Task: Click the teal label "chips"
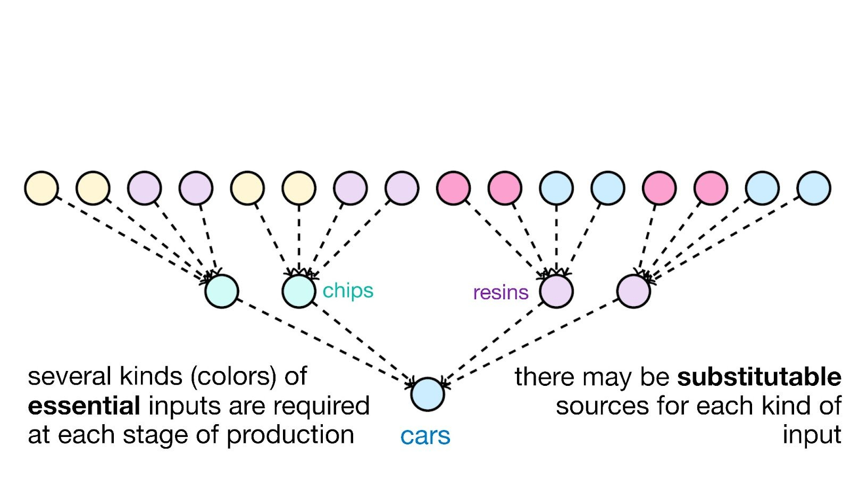click(348, 291)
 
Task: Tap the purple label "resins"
click(500, 292)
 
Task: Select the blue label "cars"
click(425, 436)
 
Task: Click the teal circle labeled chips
click(299, 291)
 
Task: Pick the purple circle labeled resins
click(556, 291)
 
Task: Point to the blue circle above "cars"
click(428, 394)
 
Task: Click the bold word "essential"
click(84, 406)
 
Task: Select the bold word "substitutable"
click(759, 377)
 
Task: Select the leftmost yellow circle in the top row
click(41, 188)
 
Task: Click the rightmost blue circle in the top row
click(814, 188)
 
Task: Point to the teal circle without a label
click(222, 291)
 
